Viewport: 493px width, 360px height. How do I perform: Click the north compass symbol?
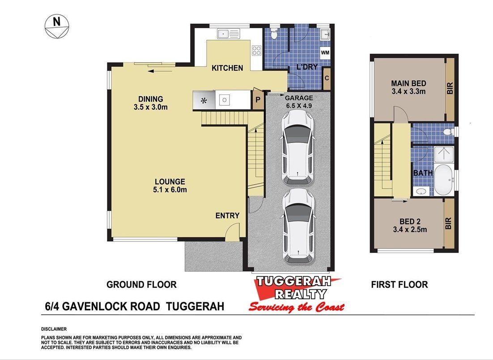[x=57, y=26]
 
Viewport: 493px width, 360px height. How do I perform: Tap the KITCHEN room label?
[x=227, y=68]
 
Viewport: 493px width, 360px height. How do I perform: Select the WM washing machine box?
[x=325, y=52]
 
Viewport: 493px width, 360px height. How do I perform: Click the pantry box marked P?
[x=258, y=100]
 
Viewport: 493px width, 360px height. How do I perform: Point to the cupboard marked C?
[x=327, y=78]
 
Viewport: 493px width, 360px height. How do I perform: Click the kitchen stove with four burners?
[x=256, y=51]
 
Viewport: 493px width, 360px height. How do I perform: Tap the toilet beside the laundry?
[x=273, y=34]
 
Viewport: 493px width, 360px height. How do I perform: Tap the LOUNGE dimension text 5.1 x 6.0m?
[x=170, y=190]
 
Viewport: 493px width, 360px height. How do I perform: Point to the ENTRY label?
[x=227, y=215]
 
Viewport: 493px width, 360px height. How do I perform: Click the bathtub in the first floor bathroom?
[x=444, y=180]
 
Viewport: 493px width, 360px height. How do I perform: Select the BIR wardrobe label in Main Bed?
[x=450, y=88]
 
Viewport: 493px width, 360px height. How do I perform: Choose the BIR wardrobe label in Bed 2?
[x=448, y=224]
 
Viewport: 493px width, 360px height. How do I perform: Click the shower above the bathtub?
[x=444, y=154]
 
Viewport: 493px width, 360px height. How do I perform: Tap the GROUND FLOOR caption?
[x=141, y=284]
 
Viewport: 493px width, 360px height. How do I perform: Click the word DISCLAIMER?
[x=54, y=329]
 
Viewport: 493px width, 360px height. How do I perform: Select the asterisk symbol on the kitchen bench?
[x=204, y=101]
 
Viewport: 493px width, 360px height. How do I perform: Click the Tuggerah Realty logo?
[x=296, y=294]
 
